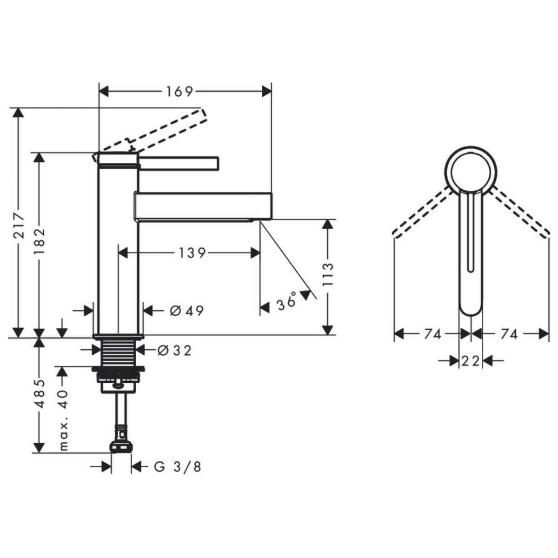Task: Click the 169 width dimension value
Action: [180, 92]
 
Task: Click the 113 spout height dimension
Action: [328, 274]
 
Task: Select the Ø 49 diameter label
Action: [187, 311]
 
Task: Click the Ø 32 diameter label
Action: [174, 351]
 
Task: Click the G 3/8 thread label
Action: [178, 467]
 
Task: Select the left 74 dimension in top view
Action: [432, 334]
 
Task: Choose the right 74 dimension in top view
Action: [509, 334]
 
